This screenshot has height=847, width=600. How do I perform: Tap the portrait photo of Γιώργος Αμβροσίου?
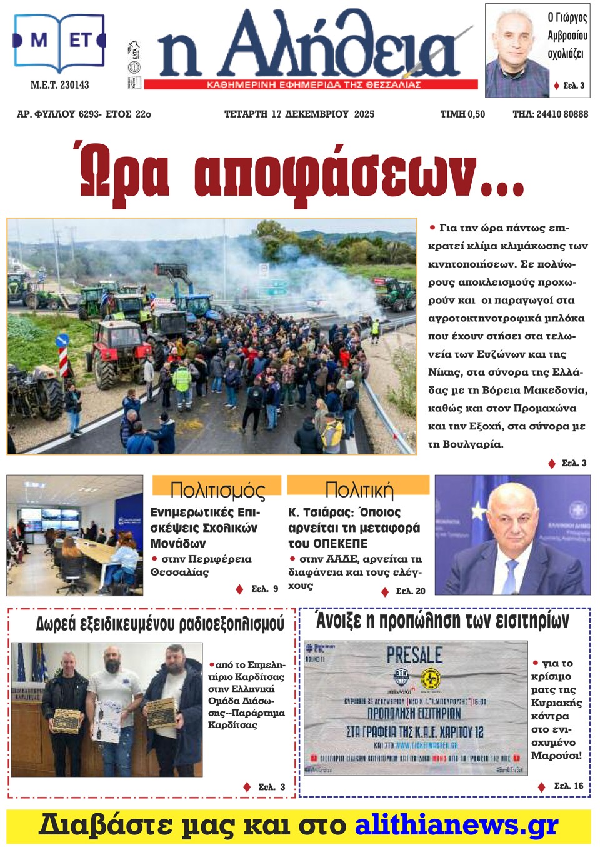pyautogui.click(x=514, y=50)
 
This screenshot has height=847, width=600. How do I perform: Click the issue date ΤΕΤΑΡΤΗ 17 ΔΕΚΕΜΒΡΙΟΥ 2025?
pyautogui.click(x=299, y=114)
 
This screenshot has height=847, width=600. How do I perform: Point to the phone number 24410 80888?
pyautogui.click(x=562, y=114)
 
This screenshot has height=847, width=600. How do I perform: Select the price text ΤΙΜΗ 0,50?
pyautogui.click(x=462, y=114)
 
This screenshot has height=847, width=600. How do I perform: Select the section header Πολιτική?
pyautogui.click(x=359, y=489)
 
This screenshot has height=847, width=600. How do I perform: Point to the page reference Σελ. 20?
pyautogui.click(x=410, y=591)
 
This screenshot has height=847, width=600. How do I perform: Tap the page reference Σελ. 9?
pyautogui.click(x=264, y=589)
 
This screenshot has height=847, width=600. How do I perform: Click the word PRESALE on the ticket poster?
pyautogui.click(x=414, y=655)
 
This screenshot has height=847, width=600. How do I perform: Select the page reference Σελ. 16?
pyautogui.click(x=568, y=786)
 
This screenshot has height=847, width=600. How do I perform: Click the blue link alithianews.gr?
pyautogui.click(x=456, y=825)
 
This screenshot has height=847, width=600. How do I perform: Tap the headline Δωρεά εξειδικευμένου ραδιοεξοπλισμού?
pyautogui.click(x=160, y=624)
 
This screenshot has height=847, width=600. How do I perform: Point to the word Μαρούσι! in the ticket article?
pyautogui.click(x=556, y=756)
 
